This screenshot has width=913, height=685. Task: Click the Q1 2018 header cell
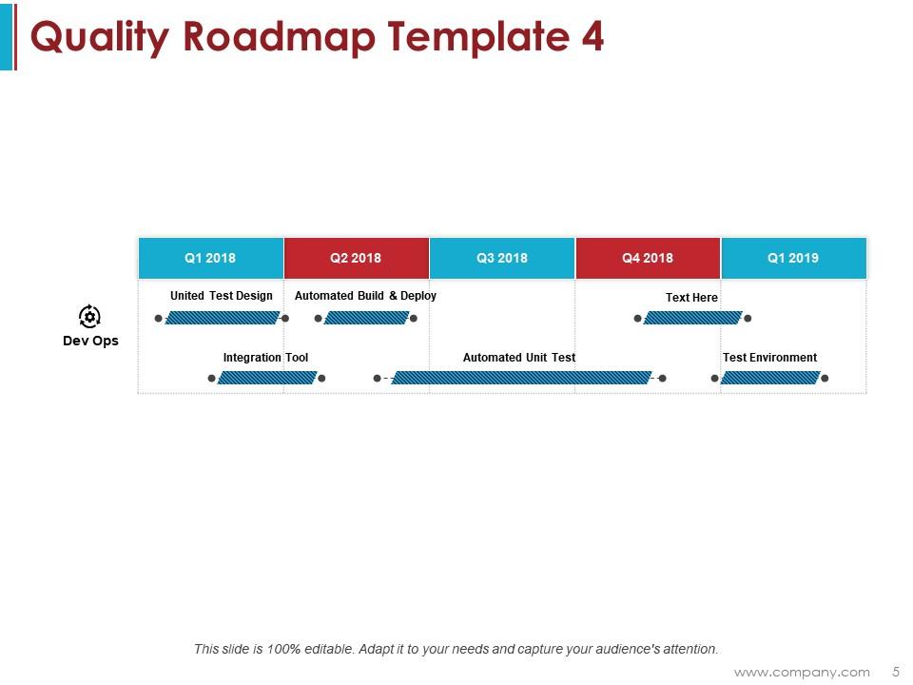210,258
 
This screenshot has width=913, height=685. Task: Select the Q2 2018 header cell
356,258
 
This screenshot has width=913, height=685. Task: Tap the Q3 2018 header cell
502,258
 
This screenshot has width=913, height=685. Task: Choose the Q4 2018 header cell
648,258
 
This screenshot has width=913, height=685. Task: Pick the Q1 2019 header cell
793,258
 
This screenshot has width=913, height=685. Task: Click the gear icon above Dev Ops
89,316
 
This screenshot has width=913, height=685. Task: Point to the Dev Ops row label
90,341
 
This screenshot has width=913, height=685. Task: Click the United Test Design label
222,296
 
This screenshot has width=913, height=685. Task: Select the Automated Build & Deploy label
365,296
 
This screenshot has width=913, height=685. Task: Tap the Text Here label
691,298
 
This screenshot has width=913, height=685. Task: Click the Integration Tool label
265,358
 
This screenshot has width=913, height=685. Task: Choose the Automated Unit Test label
519,358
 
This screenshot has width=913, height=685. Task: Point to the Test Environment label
769,358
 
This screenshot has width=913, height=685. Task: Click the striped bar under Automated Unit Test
522,378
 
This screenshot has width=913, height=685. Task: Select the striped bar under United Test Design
222,318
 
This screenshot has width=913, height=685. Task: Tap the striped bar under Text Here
692,318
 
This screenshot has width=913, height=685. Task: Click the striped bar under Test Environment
770,378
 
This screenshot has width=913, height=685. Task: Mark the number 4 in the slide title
591,37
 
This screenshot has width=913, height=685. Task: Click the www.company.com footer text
802,672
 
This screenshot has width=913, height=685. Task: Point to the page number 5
895,672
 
